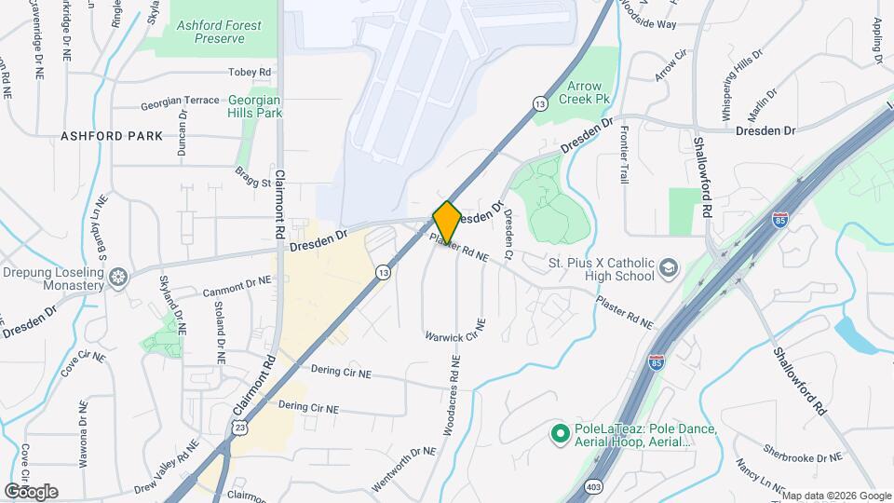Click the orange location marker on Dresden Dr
447,222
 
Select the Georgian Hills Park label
255,106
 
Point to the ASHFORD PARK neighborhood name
112,136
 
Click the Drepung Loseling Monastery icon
118,277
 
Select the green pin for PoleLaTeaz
560,433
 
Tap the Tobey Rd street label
250,72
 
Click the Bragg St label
253,171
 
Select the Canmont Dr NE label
237,286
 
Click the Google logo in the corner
31,491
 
